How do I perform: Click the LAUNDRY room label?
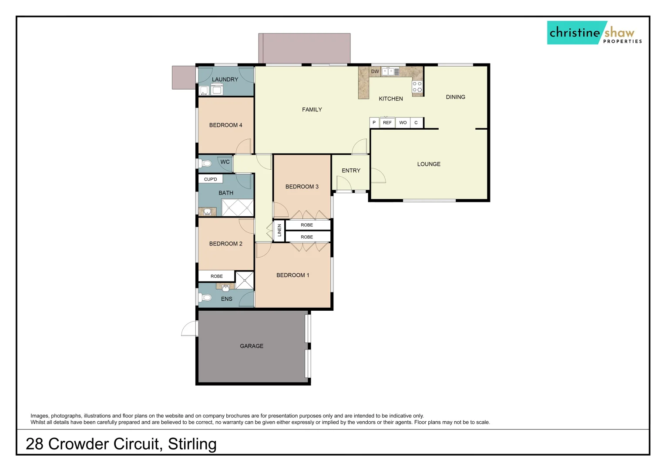[x=225, y=80]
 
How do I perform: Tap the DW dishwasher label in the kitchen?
[x=375, y=71]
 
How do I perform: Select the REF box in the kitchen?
[x=387, y=123]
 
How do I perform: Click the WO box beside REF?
[x=403, y=123]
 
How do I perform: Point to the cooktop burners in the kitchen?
[x=417, y=87]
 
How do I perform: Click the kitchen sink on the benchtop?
[x=388, y=72]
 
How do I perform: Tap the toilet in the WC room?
[x=206, y=164]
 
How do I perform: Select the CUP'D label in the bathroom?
[x=211, y=179]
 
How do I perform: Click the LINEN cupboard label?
[x=279, y=231]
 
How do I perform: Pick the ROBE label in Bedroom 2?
[x=217, y=276]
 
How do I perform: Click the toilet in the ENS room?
[x=206, y=298]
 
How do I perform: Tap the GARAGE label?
[x=252, y=346]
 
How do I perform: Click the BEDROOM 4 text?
[x=225, y=125]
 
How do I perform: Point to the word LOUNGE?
[x=429, y=164]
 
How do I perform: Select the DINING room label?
[x=455, y=97]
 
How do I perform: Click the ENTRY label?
[x=351, y=171]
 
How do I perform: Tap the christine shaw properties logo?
[x=594, y=33]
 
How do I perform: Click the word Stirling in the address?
[x=192, y=444]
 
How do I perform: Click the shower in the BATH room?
[x=238, y=208]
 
